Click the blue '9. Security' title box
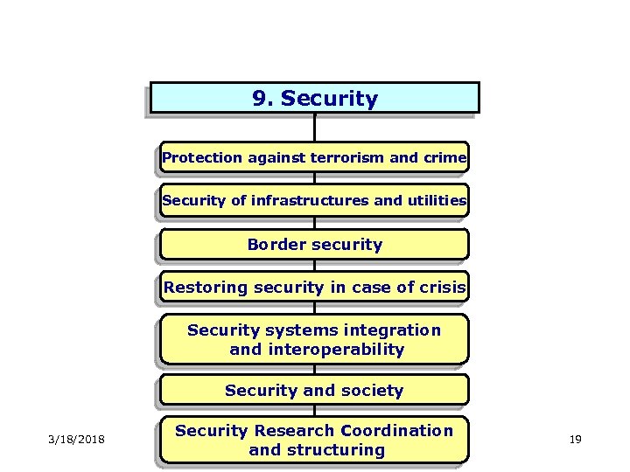coord(314,98)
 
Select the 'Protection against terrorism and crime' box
coord(314,158)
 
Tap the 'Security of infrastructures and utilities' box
coord(314,200)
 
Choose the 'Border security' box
coord(314,245)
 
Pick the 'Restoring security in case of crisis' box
coord(314,287)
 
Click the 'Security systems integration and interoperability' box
coord(314,339)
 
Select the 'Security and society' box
coord(314,390)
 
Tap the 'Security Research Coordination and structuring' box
coord(314,440)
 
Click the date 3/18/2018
coord(77,440)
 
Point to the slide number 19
coord(575,440)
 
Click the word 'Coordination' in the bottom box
coord(397,430)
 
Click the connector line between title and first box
coord(314,128)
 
